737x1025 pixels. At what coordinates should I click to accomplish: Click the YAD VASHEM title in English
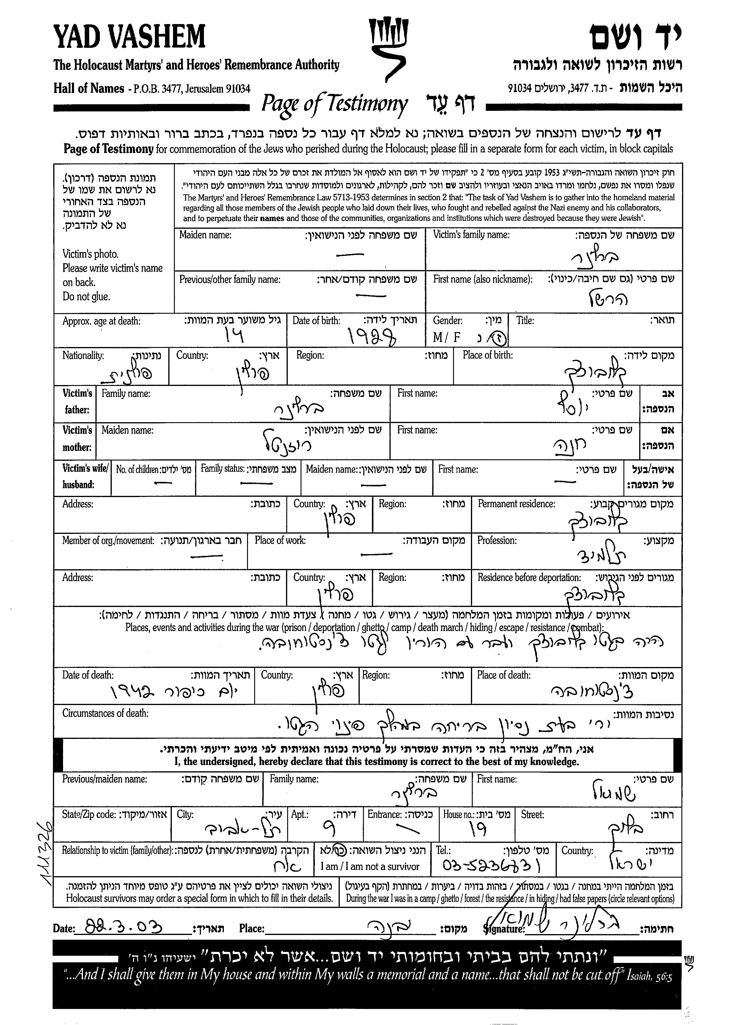tap(129, 37)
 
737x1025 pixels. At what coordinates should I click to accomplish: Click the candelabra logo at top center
tap(388, 50)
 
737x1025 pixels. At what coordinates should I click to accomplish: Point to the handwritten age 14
tap(234, 335)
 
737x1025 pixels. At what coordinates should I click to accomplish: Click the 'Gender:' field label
tap(448, 321)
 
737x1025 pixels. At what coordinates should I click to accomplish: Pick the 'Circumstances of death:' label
tap(105, 713)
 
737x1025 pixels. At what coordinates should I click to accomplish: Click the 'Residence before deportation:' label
tap(529, 578)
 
